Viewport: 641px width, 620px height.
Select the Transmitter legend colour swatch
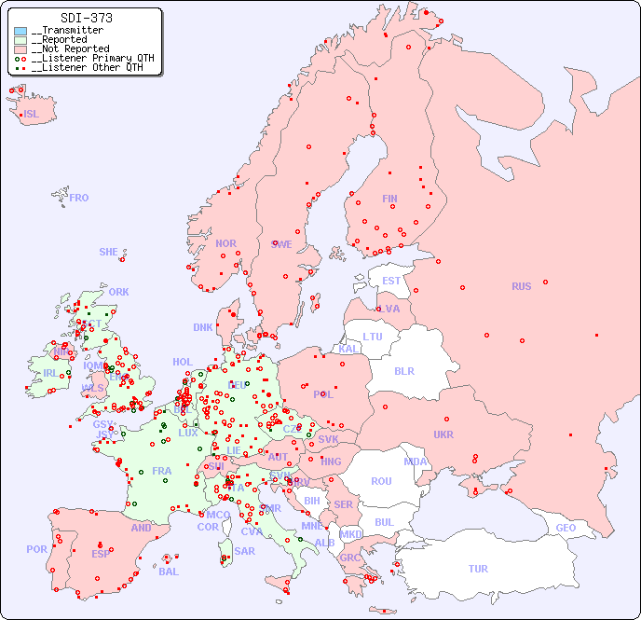pyautogui.click(x=20, y=31)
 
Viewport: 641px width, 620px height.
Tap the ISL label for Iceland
pyautogui.click(x=32, y=115)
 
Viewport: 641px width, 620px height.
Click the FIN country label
pyautogui.click(x=389, y=199)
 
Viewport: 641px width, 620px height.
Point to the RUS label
pyautogui.click(x=521, y=286)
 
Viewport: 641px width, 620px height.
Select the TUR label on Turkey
pyautogui.click(x=478, y=569)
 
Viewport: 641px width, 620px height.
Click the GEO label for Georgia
pyautogui.click(x=566, y=528)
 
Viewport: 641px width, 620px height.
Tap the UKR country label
pyautogui.click(x=443, y=434)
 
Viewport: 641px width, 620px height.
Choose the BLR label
pyautogui.click(x=403, y=370)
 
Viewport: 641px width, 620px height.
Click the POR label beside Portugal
pyautogui.click(x=36, y=549)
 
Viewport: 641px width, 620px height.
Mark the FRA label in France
pyautogui.click(x=162, y=471)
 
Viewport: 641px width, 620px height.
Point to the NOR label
pyautogui.click(x=225, y=243)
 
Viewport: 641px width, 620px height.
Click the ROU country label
pyautogui.click(x=381, y=481)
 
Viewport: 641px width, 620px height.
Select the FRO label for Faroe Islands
pyautogui.click(x=79, y=198)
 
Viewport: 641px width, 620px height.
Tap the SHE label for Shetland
pyautogui.click(x=108, y=252)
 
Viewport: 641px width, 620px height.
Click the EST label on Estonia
pyautogui.click(x=391, y=281)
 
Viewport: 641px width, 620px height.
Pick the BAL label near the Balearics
pyautogui.click(x=169, y=572)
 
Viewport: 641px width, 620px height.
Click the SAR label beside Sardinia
pyautogui.click(x=244, y=551)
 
